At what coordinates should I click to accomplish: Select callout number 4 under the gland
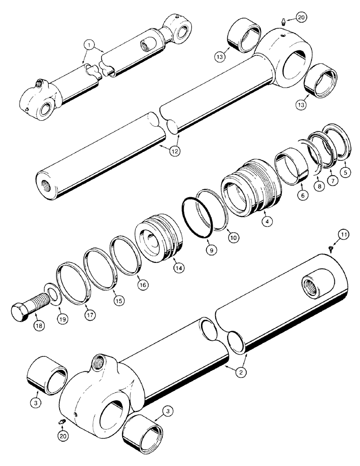(x=267, y=222)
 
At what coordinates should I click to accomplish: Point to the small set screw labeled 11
(x=332, y=249)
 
